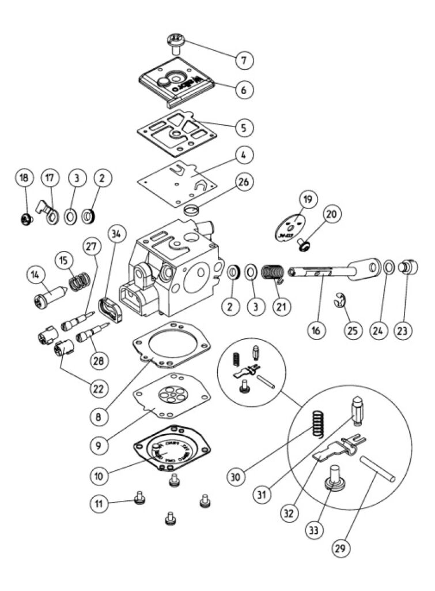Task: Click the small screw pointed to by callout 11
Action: coord(138,500)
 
